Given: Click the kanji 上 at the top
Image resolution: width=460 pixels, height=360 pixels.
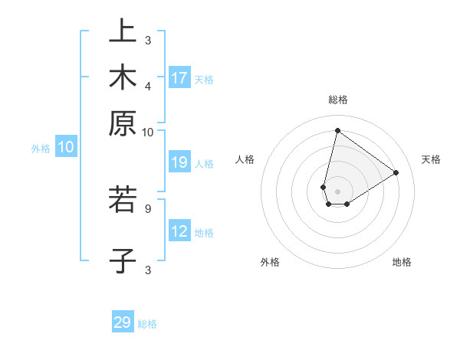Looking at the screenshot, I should pos(123,31).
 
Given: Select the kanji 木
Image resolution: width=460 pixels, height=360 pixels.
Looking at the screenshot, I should pos(123,77).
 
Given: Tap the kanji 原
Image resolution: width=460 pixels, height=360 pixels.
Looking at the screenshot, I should pos(123,123).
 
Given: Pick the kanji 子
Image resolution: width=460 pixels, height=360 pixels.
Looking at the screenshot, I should pos(123,260).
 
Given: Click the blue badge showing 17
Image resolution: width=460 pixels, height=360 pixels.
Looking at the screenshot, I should pos(179,78).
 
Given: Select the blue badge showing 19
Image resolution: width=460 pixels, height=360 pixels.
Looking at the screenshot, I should pos(179,162).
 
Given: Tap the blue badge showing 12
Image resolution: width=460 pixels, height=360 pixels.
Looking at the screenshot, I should pos(179,231).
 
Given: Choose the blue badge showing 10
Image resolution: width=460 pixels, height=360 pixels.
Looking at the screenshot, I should pos(66,148).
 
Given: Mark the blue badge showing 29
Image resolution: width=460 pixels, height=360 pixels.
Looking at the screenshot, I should pos(123,322).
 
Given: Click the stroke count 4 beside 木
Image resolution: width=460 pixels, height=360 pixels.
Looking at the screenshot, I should pos(148,87).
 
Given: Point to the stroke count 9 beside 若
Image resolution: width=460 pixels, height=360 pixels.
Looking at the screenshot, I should pos(147,207).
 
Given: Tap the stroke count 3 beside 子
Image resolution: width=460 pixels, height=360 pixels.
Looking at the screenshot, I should pos(148,269).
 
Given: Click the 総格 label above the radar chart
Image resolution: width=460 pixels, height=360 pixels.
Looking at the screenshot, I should pos(337,100).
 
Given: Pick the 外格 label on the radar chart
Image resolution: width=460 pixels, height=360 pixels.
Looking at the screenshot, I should pos(270,262).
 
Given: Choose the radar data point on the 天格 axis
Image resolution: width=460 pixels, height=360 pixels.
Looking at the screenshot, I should pos(396,172).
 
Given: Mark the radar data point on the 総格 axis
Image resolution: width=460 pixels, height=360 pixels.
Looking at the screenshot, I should pos(337,130).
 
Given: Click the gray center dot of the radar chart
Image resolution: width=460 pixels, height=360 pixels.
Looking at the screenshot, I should pos(337,191).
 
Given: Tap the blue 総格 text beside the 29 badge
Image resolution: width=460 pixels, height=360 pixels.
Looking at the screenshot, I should pos(147,324).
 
